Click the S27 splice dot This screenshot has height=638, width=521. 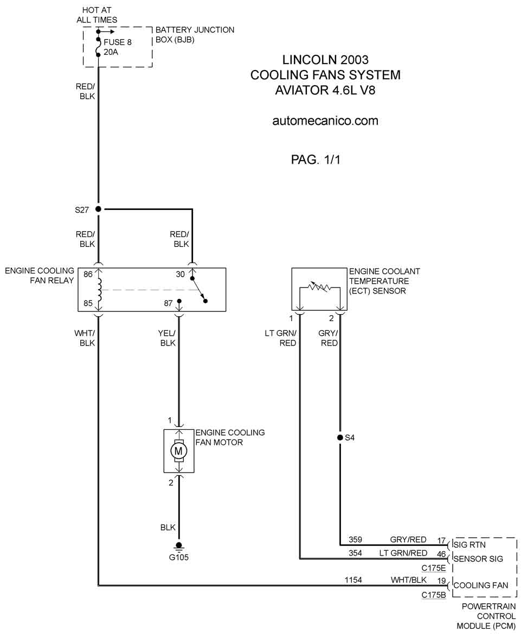98,209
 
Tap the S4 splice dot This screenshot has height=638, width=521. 340,438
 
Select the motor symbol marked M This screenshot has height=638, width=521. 178,451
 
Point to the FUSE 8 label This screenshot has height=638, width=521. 118,42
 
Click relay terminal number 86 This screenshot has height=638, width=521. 88,275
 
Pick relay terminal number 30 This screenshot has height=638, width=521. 180,275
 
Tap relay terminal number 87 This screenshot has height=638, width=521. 169,303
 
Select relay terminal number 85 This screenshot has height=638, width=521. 88,303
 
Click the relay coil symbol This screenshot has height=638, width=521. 99,290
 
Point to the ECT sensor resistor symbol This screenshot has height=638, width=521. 320,288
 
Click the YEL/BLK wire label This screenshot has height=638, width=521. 167,338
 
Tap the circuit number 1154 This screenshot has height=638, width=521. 353,580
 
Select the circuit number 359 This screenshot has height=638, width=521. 355,539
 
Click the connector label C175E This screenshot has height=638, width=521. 434,568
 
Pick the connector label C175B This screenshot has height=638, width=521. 434,595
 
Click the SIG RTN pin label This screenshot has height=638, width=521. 469,545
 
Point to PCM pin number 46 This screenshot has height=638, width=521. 441,554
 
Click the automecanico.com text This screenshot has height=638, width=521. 325,121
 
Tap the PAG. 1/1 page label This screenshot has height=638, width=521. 316,159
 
